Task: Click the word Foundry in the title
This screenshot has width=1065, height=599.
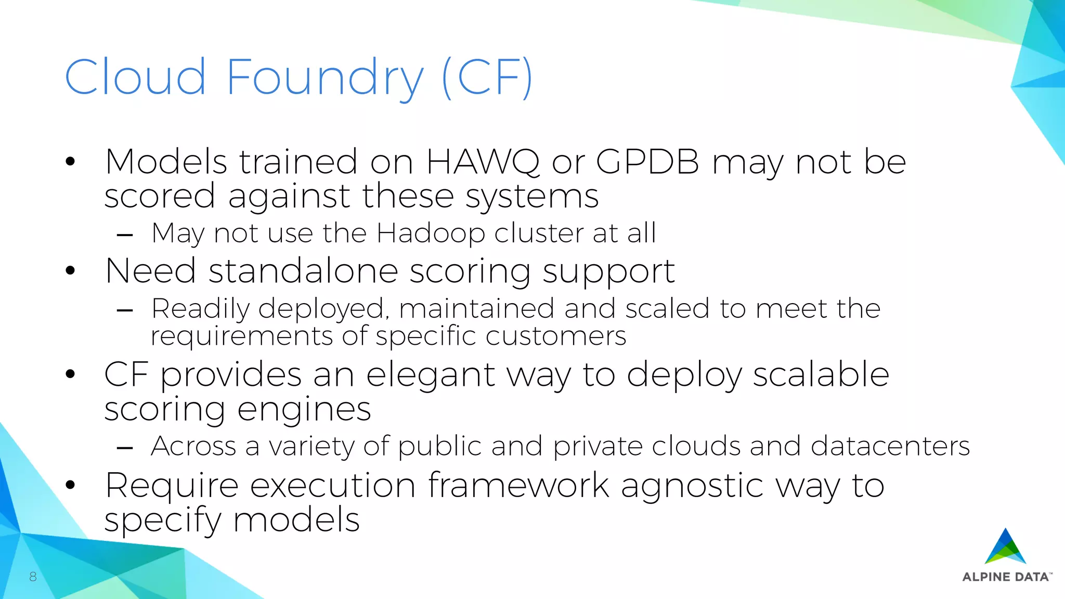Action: (x=324, y=78)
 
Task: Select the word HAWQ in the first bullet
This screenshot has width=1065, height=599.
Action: (x=483, y=162)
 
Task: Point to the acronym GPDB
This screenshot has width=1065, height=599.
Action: (x=647, y=162)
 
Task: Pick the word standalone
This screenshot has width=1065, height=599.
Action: (x=303, y=271)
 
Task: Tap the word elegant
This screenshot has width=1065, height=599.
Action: (x=431, y=375)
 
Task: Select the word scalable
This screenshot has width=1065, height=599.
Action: (x=821, y=374)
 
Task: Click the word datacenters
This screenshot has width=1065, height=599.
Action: (x=890, y=446)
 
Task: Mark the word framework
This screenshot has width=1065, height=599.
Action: (x=518, y=486)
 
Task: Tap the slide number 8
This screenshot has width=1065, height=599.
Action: (x=33, y=576)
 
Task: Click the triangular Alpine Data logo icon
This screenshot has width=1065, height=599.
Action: (x=1005, y=548)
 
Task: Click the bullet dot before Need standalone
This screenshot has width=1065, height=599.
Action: (x=70, y=271)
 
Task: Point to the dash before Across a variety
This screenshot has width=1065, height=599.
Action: (x=125, y=447)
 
